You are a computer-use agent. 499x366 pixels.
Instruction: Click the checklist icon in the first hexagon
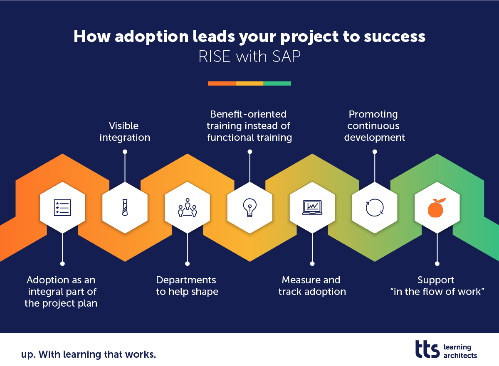tap(62, 207)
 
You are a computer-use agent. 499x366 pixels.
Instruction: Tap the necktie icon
tap(125, 207)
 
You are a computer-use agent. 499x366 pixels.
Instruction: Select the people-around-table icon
tap(187, 207)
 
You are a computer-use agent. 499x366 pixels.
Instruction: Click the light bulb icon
tap(249, 207)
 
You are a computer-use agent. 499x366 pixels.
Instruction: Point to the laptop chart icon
tap(312, 207)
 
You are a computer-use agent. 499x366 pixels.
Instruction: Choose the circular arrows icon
tap(375, 207)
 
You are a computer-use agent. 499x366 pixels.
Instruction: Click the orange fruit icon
tap(437, 207)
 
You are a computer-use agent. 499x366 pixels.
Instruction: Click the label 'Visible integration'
tap(125, 132)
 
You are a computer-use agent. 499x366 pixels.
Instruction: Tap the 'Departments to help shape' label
tap(187, 286)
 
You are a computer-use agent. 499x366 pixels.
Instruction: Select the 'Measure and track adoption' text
tap(312, 286)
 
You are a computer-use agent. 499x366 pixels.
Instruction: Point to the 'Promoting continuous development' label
tap(374, 126)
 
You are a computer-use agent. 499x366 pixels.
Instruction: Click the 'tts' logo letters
tap(427, 349)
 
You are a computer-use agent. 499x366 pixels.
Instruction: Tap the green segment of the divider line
tap(277, 84)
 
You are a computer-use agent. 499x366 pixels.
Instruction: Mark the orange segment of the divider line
tap(222, 84)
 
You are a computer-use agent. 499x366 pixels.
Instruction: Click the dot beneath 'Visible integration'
tap(125, 152)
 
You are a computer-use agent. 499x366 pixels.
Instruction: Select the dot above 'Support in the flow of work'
tap(437, 263)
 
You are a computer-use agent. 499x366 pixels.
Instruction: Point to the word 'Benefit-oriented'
tap(248, 114)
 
